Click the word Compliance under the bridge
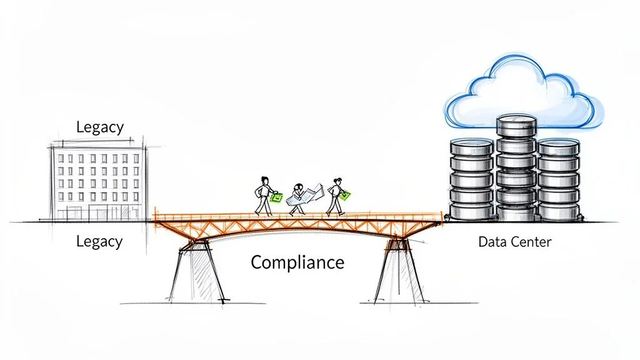click(297, 262)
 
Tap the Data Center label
click(514, 242)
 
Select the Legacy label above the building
click(100, 127)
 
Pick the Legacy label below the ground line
click(99, 241)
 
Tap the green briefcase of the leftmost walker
click(276, 197)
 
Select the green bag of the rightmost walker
click(344, 195)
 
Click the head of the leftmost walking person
click(264, 180)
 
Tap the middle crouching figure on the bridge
click(299, 199)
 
